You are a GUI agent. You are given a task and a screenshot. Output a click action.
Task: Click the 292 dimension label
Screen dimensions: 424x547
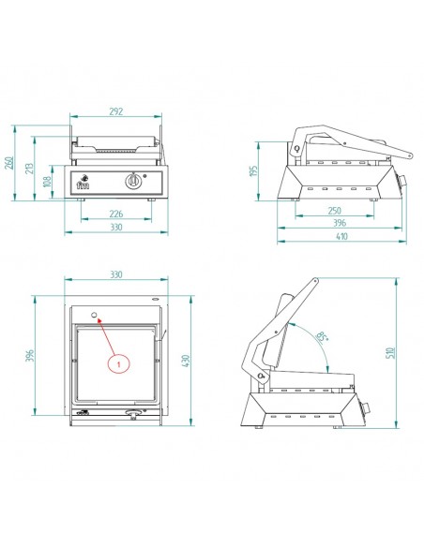point(116,111)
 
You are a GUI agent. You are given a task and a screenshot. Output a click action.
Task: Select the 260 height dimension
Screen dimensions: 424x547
point(9,163)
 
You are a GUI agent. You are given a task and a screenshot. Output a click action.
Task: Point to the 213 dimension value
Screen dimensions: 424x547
point(29,169)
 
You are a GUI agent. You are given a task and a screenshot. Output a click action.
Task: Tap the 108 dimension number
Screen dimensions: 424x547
point(47,181)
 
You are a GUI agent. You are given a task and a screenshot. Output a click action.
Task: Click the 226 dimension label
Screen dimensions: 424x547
point(116,214)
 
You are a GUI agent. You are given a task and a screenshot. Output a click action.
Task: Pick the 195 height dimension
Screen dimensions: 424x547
point(254,170)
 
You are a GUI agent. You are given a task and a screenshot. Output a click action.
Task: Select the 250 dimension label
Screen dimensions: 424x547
point(335,211)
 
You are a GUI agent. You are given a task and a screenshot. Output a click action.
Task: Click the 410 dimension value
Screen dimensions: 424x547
point(342,236)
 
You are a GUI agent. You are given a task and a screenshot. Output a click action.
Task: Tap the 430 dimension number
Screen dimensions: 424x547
point(186,361)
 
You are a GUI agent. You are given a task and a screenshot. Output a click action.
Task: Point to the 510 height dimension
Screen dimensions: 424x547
point(391,353)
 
